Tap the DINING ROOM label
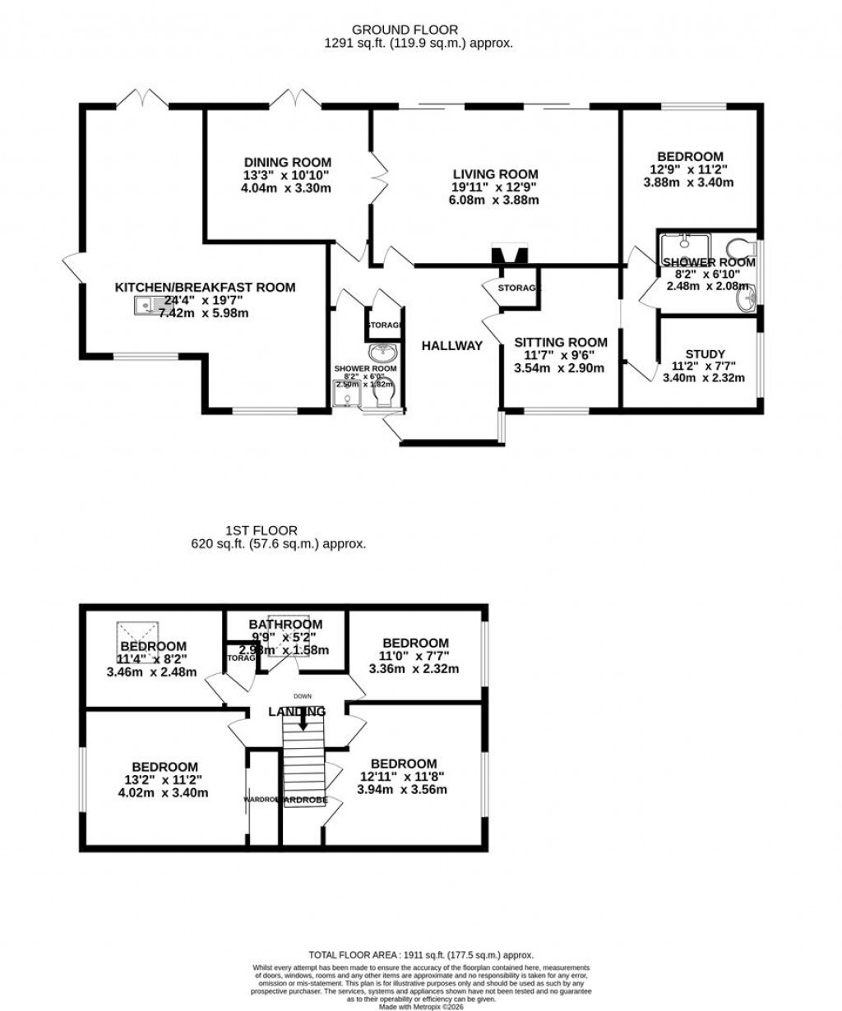287,162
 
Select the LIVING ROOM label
495,173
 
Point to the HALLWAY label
451,346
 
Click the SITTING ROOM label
560,342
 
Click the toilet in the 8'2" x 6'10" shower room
742,247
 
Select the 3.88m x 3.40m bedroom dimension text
688,182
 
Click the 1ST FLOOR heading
261,531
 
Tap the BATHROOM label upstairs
285,624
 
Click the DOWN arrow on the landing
303,720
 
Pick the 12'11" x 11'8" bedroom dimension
402,777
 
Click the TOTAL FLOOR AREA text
421,955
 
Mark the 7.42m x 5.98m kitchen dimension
204,313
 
